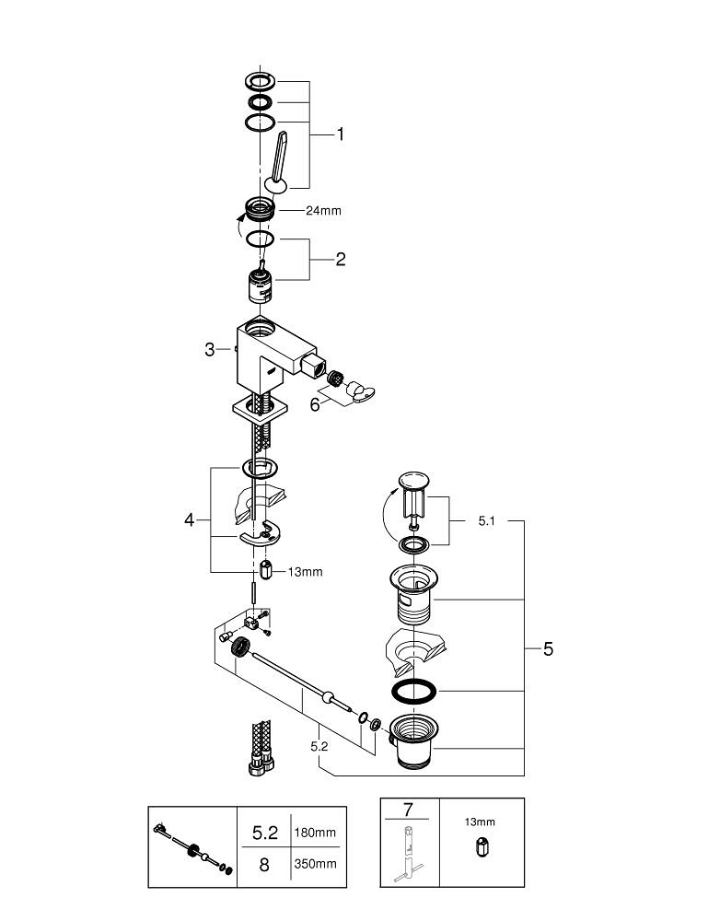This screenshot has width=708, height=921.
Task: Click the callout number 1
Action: (340, 134)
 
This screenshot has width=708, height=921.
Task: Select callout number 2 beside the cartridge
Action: (340, 260)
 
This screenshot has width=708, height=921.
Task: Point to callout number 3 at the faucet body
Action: (210, 350)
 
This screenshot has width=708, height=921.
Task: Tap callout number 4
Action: (190, 520)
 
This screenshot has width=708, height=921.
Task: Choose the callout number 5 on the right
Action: (548, 649)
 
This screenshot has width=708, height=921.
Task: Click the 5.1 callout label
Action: (488, 521)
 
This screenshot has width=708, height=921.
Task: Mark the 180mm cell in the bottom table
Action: (314, 833)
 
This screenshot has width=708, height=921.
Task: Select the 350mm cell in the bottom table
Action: (314, 864)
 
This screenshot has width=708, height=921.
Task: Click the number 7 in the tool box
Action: (408, 810)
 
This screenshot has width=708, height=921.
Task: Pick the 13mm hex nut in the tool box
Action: (480, 849)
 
